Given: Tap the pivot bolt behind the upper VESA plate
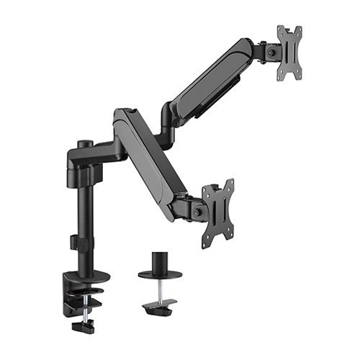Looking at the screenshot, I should coord(271,52).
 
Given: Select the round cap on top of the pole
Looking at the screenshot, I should coord(84,144).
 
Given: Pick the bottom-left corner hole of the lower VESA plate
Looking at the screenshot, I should coord(207,244).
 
